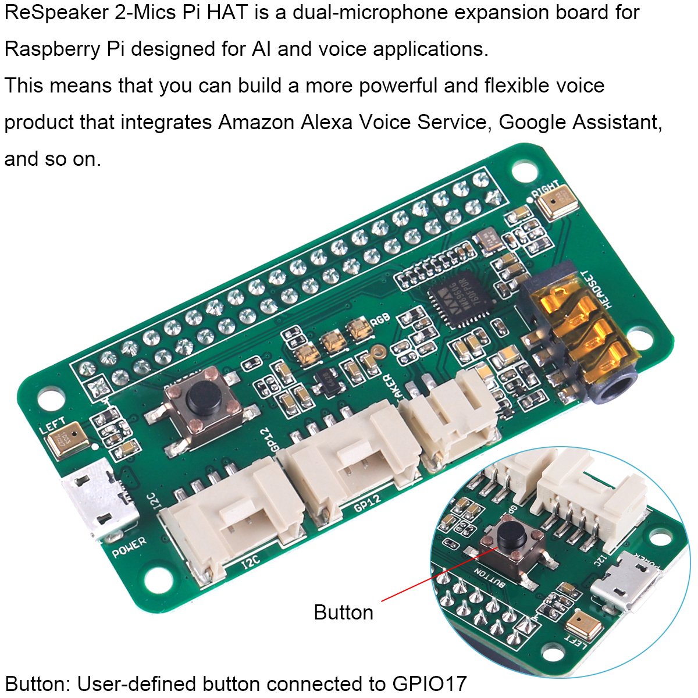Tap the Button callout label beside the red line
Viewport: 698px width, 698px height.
tap(343, 612)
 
